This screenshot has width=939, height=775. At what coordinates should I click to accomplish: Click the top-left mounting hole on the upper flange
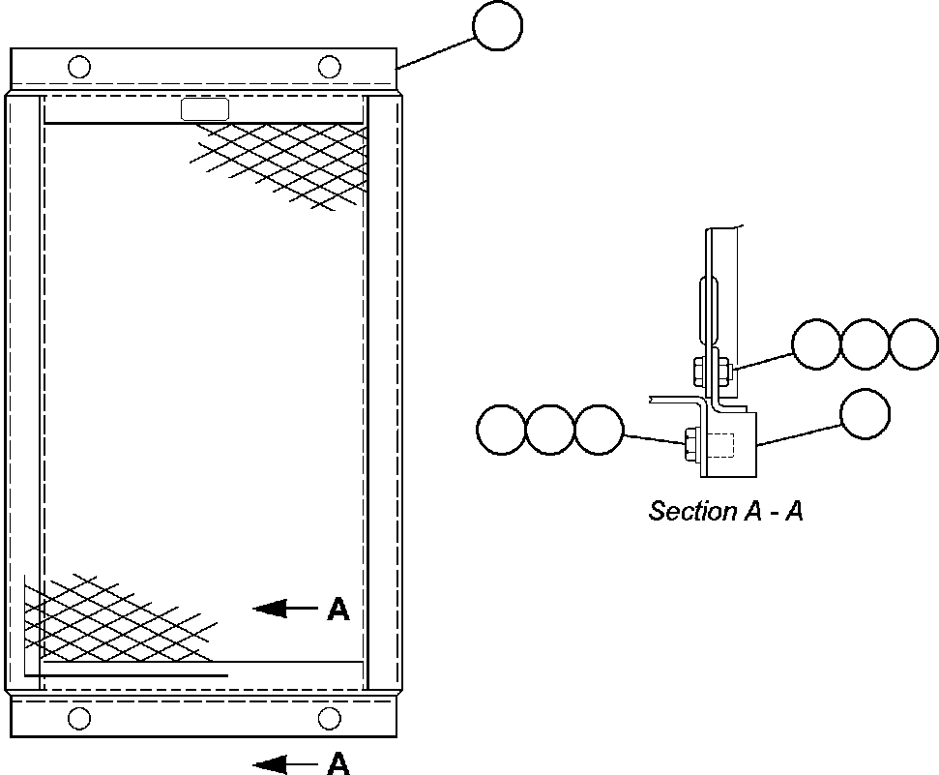pos(79,67)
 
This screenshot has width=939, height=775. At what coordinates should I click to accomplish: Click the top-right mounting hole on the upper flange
pos(330,67)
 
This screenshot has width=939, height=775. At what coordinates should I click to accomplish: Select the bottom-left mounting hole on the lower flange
pos(79,718)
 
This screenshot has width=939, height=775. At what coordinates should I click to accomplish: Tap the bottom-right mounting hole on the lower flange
pos(330,718)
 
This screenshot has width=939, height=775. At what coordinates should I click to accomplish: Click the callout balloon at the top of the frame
pos(498,26)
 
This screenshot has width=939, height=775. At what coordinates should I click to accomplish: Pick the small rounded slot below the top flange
pos(205,109)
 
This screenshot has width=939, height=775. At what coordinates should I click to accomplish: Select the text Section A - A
pos(725,511)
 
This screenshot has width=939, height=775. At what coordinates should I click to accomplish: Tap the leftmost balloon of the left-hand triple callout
pos(503,429)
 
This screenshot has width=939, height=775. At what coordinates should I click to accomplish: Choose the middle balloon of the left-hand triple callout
pos(551,429)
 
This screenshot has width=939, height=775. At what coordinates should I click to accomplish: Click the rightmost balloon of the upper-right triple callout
pos(913,344)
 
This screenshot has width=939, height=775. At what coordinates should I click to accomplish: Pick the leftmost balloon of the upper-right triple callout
pos(816,344)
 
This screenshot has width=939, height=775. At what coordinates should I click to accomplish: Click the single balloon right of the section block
pos(865,413)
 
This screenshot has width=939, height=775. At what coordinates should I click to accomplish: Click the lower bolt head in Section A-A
pos(691,445)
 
